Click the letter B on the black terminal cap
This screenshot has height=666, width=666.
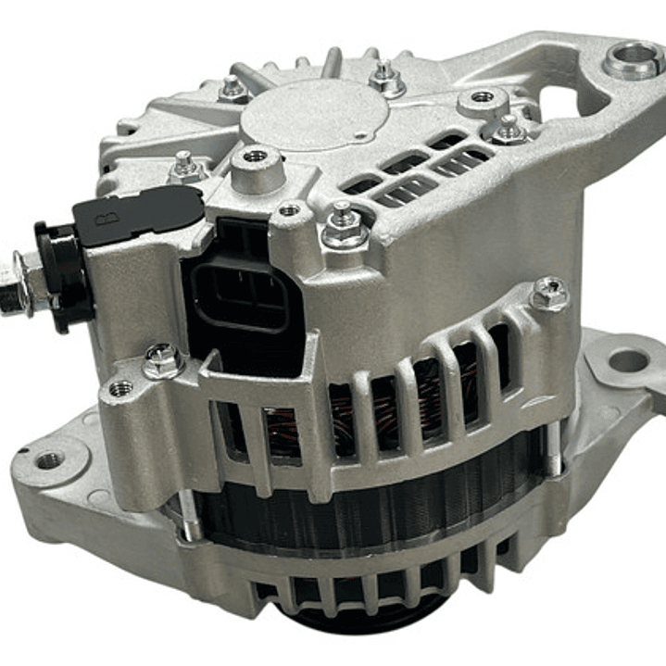point(102,220)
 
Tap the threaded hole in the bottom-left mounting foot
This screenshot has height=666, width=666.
point(49,459)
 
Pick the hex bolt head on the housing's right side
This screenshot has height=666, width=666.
point(548,295)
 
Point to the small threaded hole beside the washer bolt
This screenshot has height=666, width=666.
point(120,388)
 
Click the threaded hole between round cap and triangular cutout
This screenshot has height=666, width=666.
point(483,97)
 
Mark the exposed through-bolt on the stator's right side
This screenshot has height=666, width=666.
point(553,454)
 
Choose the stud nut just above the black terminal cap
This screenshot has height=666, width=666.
point(186,167)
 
